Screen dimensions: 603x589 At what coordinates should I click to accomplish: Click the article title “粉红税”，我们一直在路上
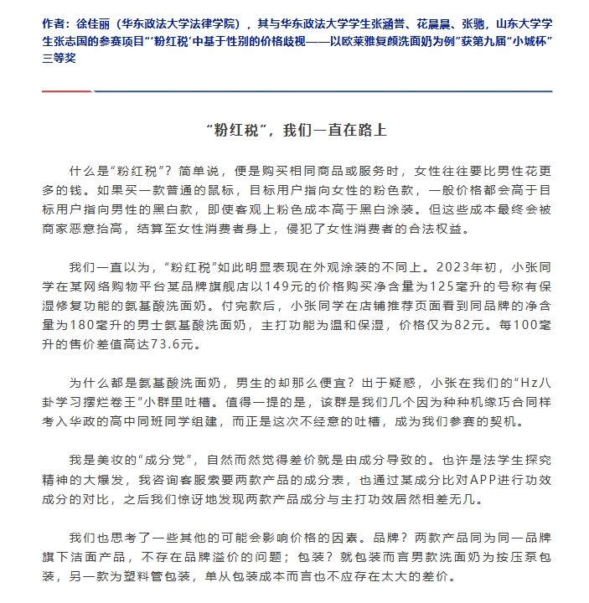coord(295,131)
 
